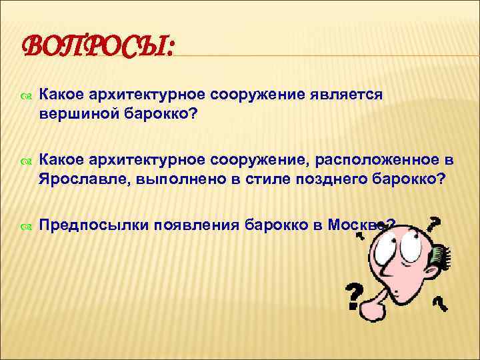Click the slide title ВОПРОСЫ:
[x=99, y=48]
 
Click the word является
[x=347, y=95]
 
